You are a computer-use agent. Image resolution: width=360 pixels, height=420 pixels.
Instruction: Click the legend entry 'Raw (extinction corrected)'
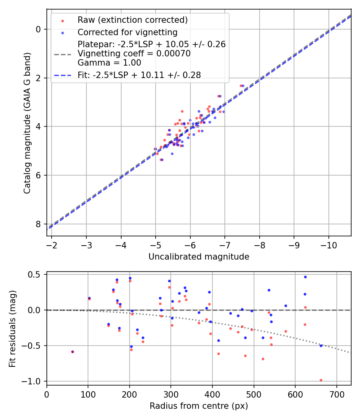[132, 20]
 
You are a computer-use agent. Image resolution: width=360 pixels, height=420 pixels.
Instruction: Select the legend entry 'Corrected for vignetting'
[127, 32]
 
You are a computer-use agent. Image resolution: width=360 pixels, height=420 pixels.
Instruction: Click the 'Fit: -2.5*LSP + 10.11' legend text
[139, 74]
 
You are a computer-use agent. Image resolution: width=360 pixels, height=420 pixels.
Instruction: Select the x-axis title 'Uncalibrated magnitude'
[199, 257]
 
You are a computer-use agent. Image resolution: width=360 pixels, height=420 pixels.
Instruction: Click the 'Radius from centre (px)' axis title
[199, 406]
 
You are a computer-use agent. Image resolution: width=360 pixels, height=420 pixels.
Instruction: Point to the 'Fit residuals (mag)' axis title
[12, 328]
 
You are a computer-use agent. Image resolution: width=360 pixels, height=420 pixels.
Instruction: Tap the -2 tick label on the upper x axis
[52, 245]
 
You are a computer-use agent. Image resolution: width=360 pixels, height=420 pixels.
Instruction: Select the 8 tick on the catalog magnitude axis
[38, 224]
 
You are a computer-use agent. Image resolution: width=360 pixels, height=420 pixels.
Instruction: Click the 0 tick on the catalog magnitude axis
[38, 29]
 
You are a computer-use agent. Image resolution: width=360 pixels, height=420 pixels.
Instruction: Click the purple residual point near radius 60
[72, 352]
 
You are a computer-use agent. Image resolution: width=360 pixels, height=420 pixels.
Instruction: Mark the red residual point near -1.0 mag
[321, 380]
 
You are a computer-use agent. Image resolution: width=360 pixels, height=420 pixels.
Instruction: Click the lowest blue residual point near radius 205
[131, 346]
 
